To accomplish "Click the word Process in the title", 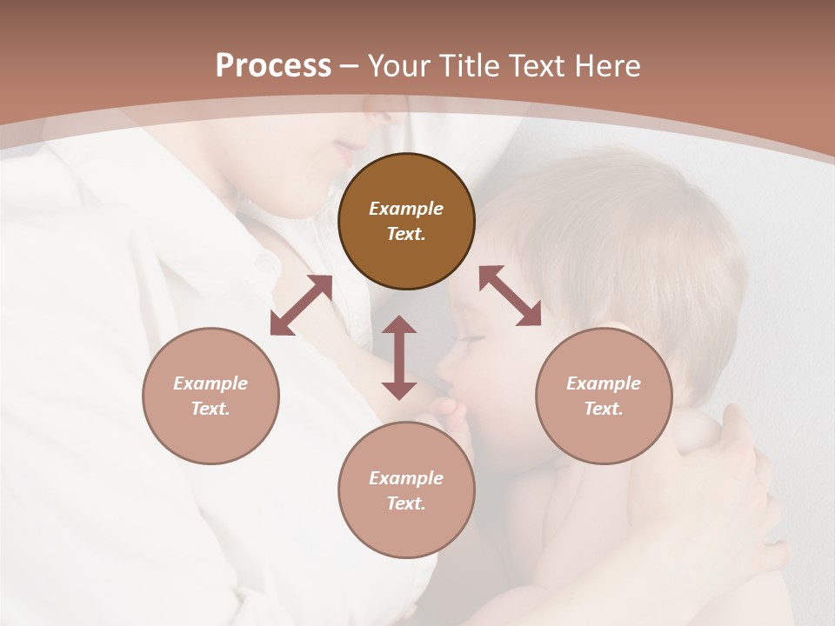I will tap(273, 66).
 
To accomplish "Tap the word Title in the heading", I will tap(471, 66).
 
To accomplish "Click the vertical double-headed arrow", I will tap(399, 357).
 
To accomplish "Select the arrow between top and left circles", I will tap(301, 305).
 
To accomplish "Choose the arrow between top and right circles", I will tap(510, 296).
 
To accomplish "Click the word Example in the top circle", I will tap(406, 209).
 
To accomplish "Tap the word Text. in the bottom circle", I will tap(406, 503).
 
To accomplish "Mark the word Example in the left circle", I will tap(210, 383).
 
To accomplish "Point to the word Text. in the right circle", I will tap(604, 409).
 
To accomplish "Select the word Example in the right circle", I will tap(604, 383).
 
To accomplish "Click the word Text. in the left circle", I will tap(210, 409).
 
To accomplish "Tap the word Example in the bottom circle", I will tap(406, 478).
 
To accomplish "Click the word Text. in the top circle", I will tap(406, 234).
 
